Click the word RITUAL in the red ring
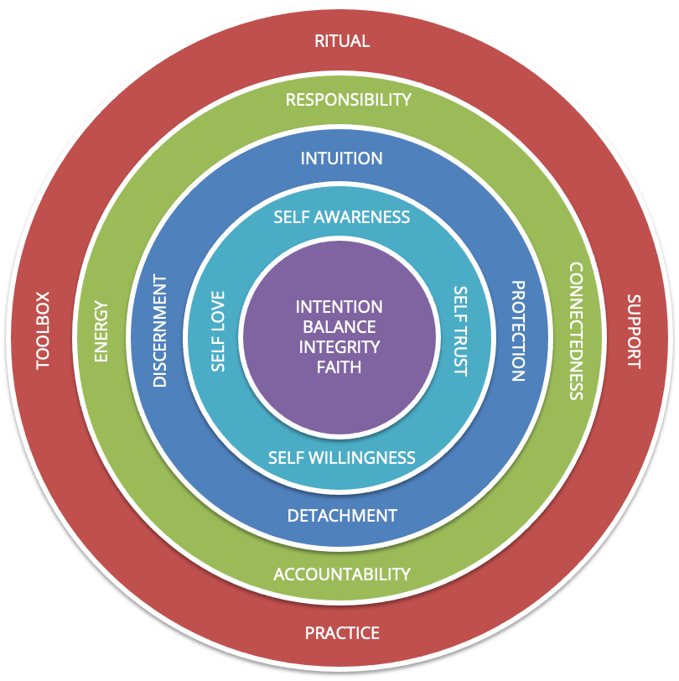pyautogui.click(x=341, y=41)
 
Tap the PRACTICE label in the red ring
pyautogui.click(x=341, y=632)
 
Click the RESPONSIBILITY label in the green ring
pyautogui.click(x=348, y=100)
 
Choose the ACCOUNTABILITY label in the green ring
pyautogui.click(x=342, y=574)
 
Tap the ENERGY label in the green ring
pyautogui.click(x=101, y=331)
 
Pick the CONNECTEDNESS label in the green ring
pyautogui.click(x=576, y=331)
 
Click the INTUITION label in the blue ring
pyautogui.click(x=341, y=159)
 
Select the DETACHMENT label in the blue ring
pyautogui.click(x=342, y=515)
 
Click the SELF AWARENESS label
pyautogui.click(x=341, y=217)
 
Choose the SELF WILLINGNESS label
pyautogui.click(x=341, y=458)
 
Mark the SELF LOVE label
pyautogui.click(x=218, y=332)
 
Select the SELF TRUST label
pyautogui.click(x=460, y=331)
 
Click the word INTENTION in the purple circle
pyautogui.click(x=339, y=307)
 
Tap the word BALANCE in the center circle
pyautogui.click(x=339, y=327)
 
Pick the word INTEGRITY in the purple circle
pyautogui.click(x=339, y=346)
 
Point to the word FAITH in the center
pyautogui.click(x=339, y=366)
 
